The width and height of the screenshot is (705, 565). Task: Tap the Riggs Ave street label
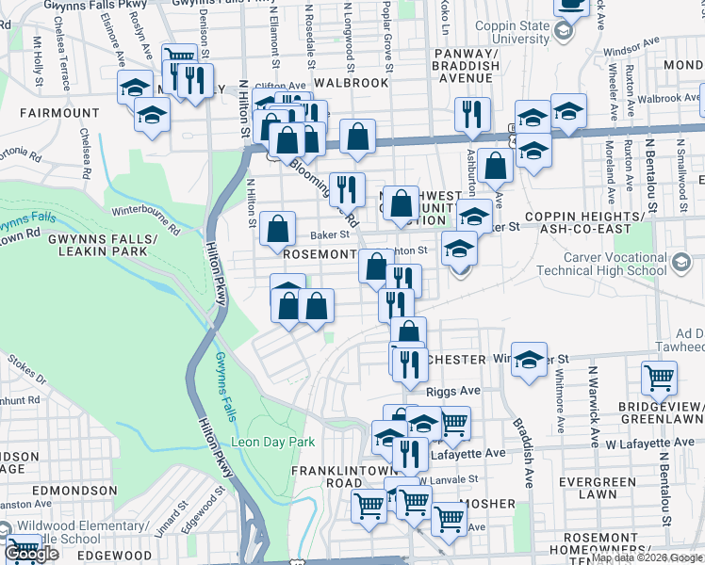453,389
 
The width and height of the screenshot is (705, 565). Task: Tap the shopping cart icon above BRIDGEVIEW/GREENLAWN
659,378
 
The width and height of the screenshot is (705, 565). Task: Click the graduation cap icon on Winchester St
530,360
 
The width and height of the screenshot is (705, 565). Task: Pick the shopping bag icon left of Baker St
277,228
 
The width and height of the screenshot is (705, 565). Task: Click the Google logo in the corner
31,554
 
